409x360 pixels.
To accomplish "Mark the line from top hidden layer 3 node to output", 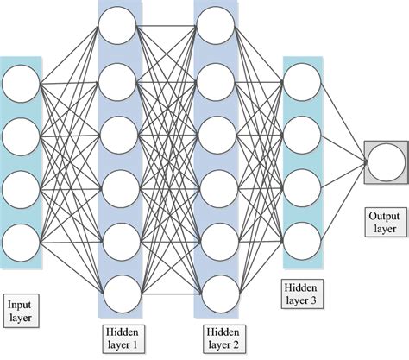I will pos(341,122).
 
